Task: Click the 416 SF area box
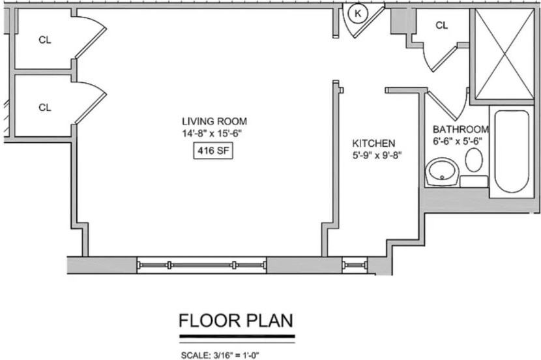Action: tap(213, 151)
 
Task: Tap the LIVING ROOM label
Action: tap(214, 121)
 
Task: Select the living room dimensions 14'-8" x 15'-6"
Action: tap(211, 133)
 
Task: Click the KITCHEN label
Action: tap(373, 143)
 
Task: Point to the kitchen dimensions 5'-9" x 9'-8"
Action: tap(377, 155)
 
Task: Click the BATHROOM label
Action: tap(461, 129)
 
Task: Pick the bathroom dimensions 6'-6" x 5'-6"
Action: tap(458, 141)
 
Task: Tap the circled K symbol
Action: tap(358, 14)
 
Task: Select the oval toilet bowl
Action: tap(474, 160)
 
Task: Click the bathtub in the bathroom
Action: tap(512, 151)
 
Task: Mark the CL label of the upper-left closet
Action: tap(45, 40)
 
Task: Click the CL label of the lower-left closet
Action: tap(45, 108)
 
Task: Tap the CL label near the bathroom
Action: tap(442, 25)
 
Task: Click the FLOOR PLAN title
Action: tap(237, 320)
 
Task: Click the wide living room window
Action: tap(202, 265)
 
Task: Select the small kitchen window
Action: tap(355, 265)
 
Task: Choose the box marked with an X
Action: tap(504, 54)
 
